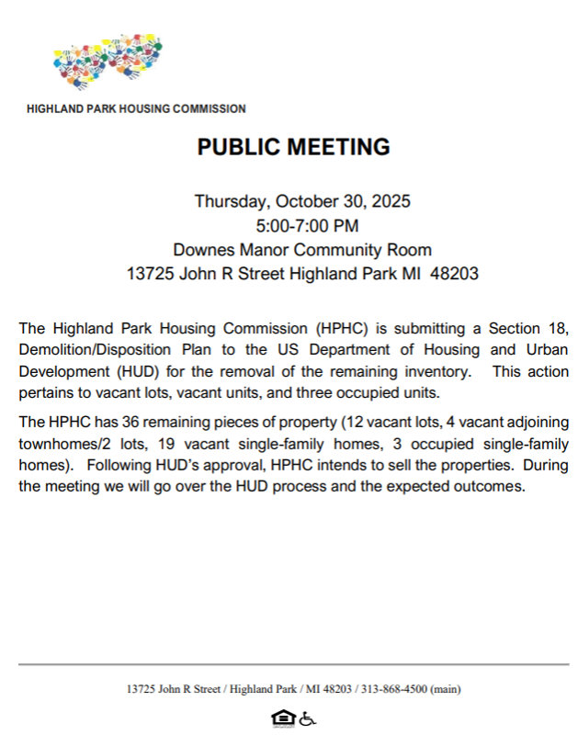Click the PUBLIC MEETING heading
point(293,147)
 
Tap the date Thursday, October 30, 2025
point(301,201)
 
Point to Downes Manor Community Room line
point(302,249)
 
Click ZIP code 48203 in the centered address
point(455,274)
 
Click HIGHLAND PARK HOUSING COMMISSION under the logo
point(136,108)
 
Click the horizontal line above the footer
point(293,663)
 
